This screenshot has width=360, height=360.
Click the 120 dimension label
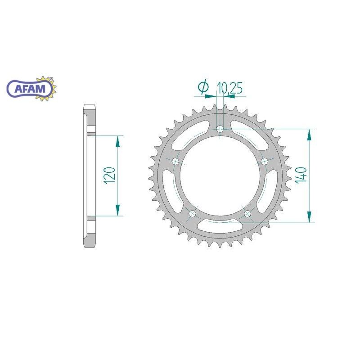(109, 175)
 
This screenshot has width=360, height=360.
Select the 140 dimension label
(301, 175)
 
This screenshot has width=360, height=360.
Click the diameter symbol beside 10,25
(204, 87)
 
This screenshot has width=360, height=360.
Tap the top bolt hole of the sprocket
(220, 129)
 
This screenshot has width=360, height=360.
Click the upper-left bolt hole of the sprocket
(176, 161)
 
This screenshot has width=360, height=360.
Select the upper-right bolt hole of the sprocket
(265, 162)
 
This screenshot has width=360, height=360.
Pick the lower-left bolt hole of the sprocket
(193, 214)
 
